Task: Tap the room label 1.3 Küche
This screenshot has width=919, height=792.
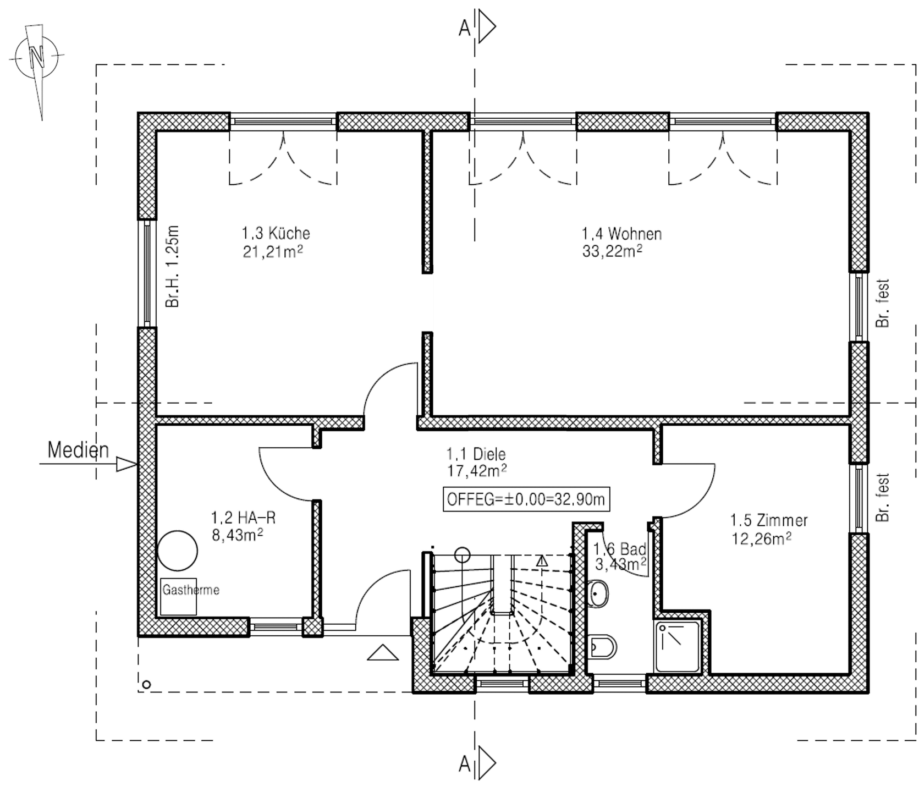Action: [276, 233]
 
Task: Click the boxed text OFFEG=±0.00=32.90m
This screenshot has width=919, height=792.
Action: [526, 499]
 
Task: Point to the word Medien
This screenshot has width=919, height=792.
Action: [78, 450]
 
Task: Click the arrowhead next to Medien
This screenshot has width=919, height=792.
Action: [126, 465]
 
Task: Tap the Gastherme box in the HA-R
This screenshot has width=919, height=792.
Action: [178, 597]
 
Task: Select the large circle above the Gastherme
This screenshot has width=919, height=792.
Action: [178, 551]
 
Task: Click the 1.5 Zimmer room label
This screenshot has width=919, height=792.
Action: [769, 520]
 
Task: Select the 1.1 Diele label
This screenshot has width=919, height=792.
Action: [476, 454]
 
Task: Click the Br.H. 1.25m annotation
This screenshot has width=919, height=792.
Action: [172, 266]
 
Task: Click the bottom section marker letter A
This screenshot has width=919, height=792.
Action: [465, 764]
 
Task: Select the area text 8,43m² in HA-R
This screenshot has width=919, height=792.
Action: [237, 535]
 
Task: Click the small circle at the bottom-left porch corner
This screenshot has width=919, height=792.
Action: [146, 685]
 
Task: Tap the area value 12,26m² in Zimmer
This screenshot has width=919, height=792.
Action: [761, 538]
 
